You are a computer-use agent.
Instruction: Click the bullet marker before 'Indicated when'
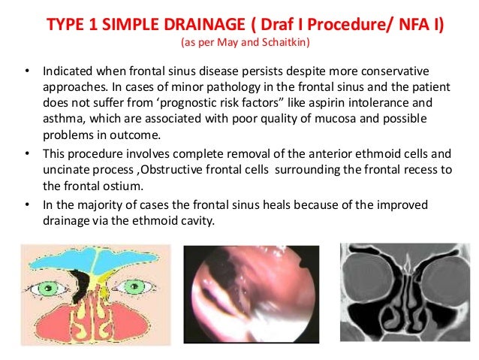(27, 74)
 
